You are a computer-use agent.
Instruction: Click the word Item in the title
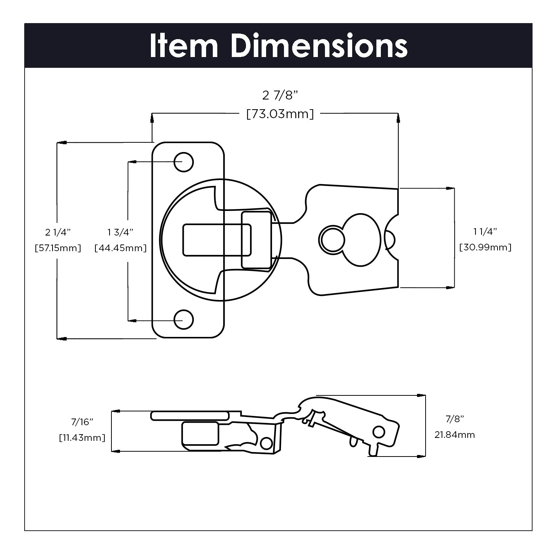pyautogui.click(x=183, y=46)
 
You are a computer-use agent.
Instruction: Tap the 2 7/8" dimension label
pyautogui.click(x=280, y=96)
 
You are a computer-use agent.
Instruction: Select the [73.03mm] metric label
pyautogui.click(x=280, y=114)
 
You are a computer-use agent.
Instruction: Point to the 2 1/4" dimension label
pyautogui.click(x=58, y=232)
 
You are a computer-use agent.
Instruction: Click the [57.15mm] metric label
pyautogui.click(x=58, y=248)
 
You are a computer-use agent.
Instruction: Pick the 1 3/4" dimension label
pyautogui.click(x=120, y=232)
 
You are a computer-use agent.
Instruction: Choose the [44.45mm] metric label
pyautogui.click(x=120, y=248)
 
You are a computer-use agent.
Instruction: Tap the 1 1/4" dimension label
pyautogui.click(x=485, y=231)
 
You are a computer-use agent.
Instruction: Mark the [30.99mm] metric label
pyautogui.click(x=485, y=247)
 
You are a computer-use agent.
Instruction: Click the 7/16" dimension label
pyautogui.click(x=82, y=422)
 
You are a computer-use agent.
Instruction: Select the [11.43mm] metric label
pyautogui.click(x=82, y=438)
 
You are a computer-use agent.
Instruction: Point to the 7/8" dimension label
pyautogui.click(x=455, y=419)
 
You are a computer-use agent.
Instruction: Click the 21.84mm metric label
pyautogui.click(x=455, y=435)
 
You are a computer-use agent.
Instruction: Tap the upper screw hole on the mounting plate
pyautogui.click(x=184, y=162)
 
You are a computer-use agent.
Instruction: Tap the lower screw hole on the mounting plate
pyautogui.click(x=184, y=319)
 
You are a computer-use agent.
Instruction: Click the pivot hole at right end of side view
pyautogui.click(x=379, y=432)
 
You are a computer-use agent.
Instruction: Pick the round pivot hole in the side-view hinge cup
pyautogui.click(x=266, y=443)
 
